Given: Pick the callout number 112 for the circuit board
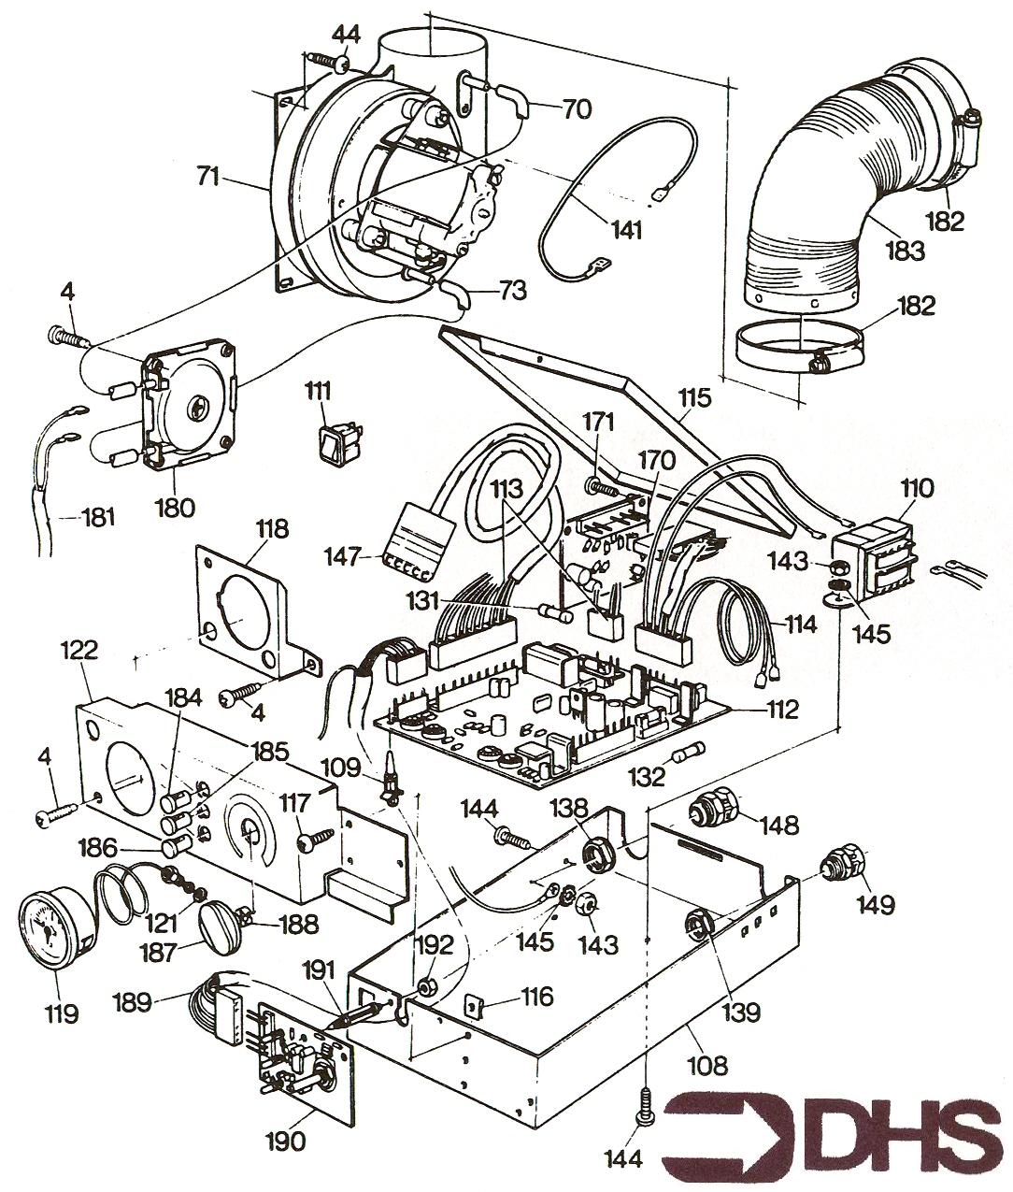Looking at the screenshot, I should coord(779,710).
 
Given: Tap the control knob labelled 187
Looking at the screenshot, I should coord(221,919).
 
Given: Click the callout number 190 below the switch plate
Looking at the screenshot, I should coord(284,1141).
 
